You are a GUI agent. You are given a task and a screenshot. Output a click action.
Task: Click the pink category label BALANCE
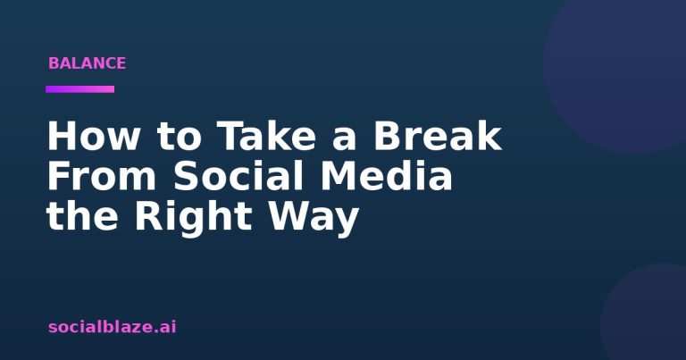pyautogui.click(x=87, y=63)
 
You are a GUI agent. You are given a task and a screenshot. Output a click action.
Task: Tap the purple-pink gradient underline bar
pyautogui.click(x=80, y=89)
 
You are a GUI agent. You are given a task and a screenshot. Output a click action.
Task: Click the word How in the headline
pyautogui.click(x=92, y=136)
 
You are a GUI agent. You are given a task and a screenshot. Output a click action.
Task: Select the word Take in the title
pyautogui.click(x=266, y=136)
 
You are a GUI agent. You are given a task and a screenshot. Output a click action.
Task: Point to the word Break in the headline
pyautogui.click(x=437, y=136)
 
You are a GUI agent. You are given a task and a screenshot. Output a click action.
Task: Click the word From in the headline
pyautogui.click(x=102, y=176)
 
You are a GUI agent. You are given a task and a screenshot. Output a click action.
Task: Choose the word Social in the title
pyautogui.click(x=238, y=175)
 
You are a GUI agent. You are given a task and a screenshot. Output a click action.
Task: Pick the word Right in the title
pyautogui.click(x=193, y=217)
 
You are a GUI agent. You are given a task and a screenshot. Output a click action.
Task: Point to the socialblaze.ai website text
pyautogui.click(x=112, y=327)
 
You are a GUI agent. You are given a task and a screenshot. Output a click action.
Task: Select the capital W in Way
pyautogui.click(x=289, y=216)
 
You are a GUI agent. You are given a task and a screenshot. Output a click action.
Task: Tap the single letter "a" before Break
pyautogui.click(x=344, y=140)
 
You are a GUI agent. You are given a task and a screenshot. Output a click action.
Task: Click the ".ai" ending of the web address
pyautogui.click(x=165, y=327)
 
